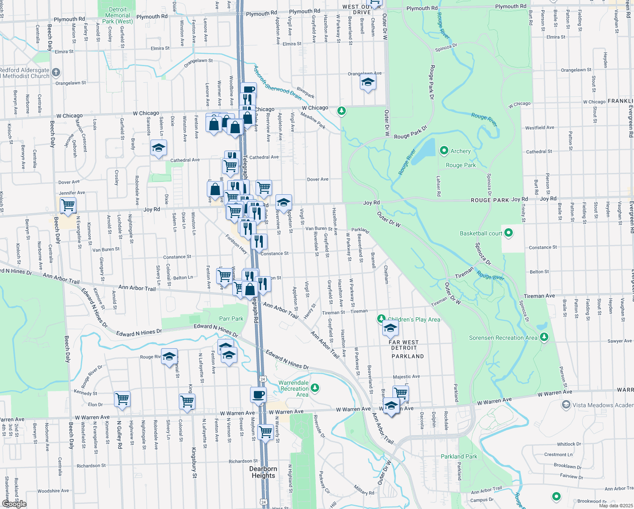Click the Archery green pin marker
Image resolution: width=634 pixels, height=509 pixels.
[x=444, y=151]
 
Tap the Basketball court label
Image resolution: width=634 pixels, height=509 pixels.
[x=481, y=233]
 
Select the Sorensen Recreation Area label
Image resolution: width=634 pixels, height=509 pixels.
[x=503, y=338]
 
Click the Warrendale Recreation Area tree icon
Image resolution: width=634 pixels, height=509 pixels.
[x=314, y=388]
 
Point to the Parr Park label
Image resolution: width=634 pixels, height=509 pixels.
[x=231, y=319]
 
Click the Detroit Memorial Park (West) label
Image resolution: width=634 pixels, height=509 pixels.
[x=117, y=15]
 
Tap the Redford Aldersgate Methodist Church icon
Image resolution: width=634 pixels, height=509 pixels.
[x=56, y=73]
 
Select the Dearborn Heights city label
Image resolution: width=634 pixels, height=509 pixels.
[x=263, y=472]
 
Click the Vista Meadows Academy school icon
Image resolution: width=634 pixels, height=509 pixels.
[x=566, y=405]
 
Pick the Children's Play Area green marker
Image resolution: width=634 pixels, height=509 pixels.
[x=381, y=319]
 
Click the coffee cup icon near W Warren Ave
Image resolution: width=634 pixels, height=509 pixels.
[x=258, y=395]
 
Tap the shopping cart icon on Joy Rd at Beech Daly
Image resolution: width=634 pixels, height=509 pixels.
[x=68, y=206]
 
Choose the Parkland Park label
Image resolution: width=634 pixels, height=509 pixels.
[x=459, y=456]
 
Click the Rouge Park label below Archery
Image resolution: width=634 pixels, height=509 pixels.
[x=461, y=165]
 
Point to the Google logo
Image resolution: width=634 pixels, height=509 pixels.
[x=14, y=503]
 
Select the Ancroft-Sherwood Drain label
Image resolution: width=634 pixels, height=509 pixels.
[x=277, y=82]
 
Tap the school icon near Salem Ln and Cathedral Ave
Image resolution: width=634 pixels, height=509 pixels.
[x=158, y=148]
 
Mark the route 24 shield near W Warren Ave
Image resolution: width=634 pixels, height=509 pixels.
[x=263, y=379]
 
